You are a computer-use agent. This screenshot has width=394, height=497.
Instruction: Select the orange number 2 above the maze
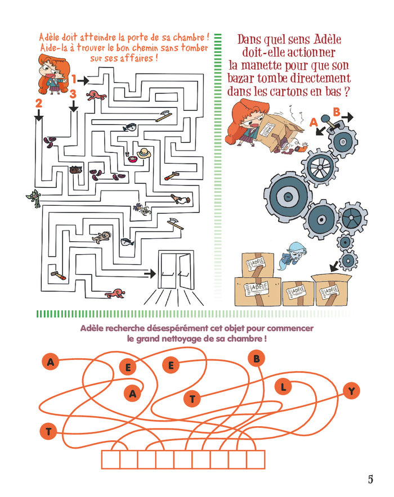[38, 103]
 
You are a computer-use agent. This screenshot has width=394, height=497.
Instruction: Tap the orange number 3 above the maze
[73, 95]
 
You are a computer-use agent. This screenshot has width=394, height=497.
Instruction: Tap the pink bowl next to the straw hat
[133, 158]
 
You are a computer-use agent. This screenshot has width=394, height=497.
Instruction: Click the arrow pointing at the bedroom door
[149, 273]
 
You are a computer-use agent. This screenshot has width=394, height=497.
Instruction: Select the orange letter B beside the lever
[337, 112]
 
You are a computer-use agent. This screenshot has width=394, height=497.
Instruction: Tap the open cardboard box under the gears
[332, 288]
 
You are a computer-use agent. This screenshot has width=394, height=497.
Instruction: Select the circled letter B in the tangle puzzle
[256, 357]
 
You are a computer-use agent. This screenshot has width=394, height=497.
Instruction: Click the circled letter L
[284, 386]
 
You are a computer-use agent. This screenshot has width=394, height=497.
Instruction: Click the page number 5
[370, 479]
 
